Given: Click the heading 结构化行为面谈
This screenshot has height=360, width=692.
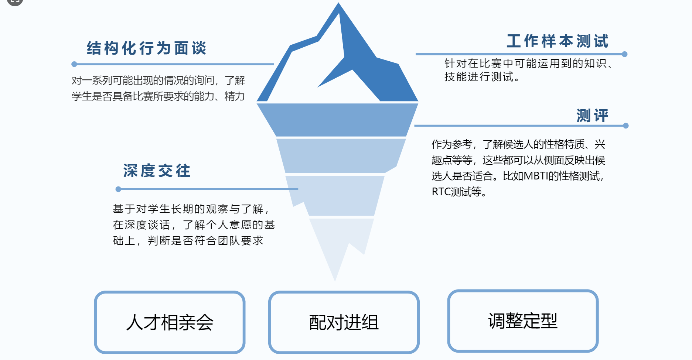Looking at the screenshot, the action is coord(147,48).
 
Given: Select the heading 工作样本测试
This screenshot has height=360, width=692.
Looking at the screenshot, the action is coord(558,41).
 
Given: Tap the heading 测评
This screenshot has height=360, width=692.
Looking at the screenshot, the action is coord(592,116).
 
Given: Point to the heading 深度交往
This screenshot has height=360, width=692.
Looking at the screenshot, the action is coord(157,171).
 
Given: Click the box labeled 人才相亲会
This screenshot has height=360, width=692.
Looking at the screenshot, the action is coord(170,322).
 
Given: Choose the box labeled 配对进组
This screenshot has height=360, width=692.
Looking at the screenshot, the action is coord(344,322).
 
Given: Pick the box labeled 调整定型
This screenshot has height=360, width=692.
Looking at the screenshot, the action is coord(523,321).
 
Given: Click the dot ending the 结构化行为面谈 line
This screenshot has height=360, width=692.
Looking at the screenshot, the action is coord(74,64).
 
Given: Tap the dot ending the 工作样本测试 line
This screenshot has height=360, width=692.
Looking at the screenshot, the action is coord(625,54).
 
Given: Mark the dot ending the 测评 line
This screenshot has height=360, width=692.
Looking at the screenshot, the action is coord(626,126).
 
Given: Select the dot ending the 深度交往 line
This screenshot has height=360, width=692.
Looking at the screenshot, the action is coord(118,189).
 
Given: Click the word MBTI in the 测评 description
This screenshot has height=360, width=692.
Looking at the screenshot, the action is coord(536,176).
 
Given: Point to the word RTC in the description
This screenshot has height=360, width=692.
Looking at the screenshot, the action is coord(441,192).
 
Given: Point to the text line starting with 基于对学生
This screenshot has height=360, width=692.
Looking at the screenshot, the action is coord(191,209).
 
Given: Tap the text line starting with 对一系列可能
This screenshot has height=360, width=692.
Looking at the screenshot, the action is coord(158,80).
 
